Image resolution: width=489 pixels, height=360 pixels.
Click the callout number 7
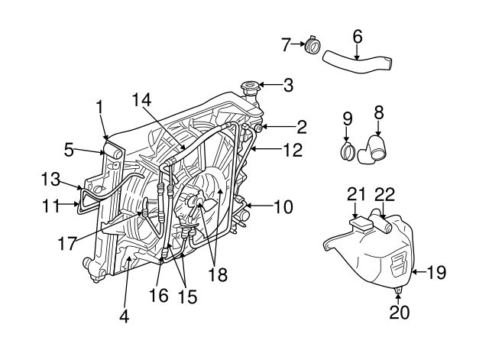287,45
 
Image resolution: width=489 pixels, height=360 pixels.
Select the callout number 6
357,35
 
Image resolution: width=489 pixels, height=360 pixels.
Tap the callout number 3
287,86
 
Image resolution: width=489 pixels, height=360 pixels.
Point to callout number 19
436,272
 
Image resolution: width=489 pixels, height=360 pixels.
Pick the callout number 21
357,195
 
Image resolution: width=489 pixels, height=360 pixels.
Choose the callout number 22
386,195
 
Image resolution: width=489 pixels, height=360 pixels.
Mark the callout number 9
347,118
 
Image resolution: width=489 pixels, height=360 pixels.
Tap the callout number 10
283,206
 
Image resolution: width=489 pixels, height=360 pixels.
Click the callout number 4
124,316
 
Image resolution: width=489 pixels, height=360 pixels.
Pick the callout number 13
50,180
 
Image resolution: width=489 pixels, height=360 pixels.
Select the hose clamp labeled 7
312,47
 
